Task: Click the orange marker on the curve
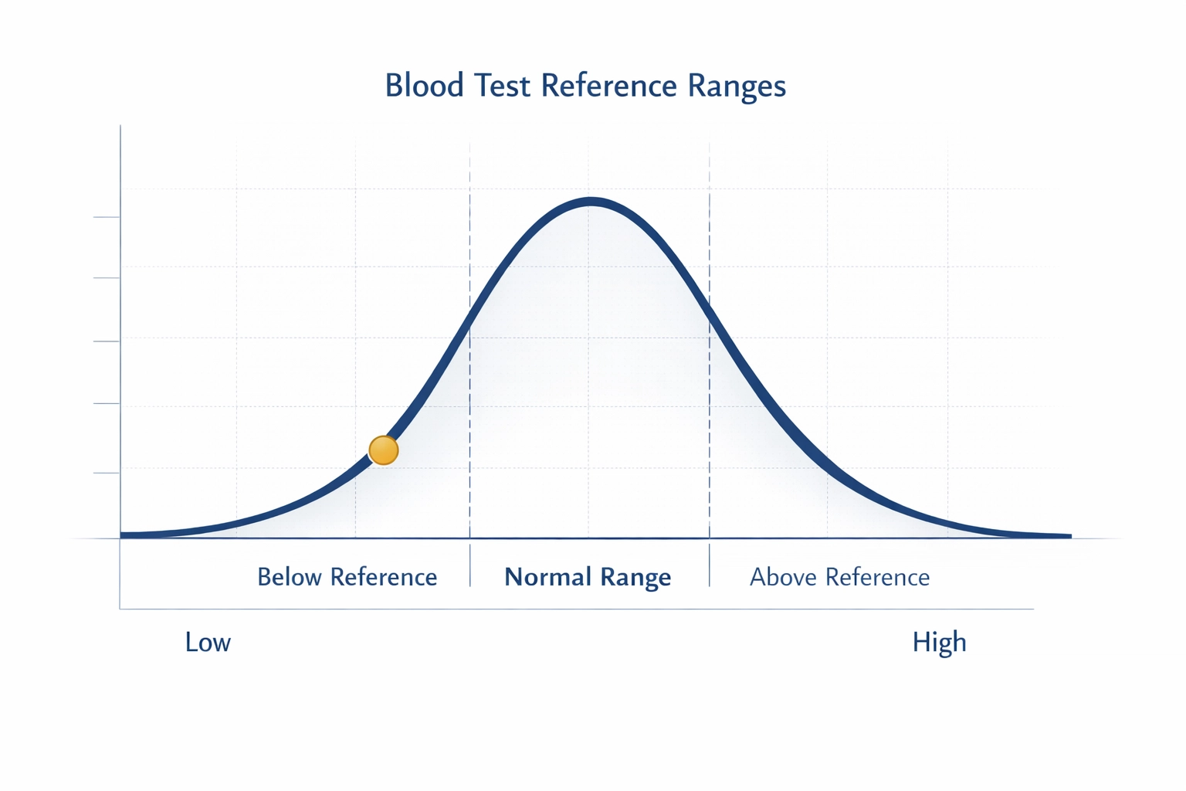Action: coord(383,450)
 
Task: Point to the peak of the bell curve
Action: coord(591,202)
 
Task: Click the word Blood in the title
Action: coord(424,85)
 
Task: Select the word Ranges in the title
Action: coord(737,87)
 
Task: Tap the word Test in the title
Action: coord(503,85)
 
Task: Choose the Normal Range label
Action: coord(588,577)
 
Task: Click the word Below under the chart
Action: coord(290,577)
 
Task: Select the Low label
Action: coord(208,642)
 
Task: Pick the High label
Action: coord(939,642)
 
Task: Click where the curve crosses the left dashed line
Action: coord(469,324)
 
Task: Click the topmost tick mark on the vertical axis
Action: coord(107,217)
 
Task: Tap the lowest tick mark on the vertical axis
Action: coord(107,472)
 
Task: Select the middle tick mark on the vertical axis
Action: coord(107,341)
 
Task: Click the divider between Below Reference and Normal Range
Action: coord(469,565)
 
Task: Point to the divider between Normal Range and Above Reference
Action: coord(710,565)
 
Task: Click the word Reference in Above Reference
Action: coord(877,577)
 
